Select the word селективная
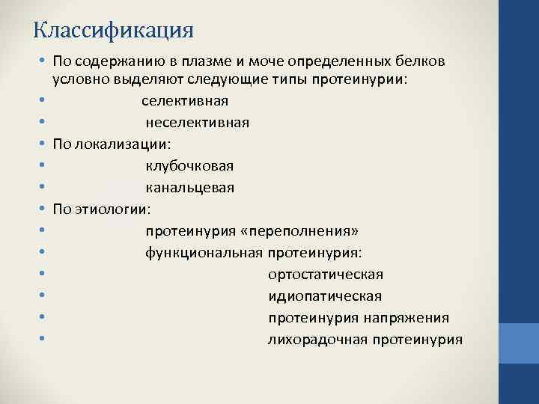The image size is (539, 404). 185,100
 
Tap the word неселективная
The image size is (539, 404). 197,122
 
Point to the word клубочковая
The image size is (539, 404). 189,165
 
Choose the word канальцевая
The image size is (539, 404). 189,187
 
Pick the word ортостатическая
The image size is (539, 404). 326,275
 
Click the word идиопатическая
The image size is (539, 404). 325,296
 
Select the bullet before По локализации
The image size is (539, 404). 43,144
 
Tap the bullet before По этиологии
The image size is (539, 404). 43,209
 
